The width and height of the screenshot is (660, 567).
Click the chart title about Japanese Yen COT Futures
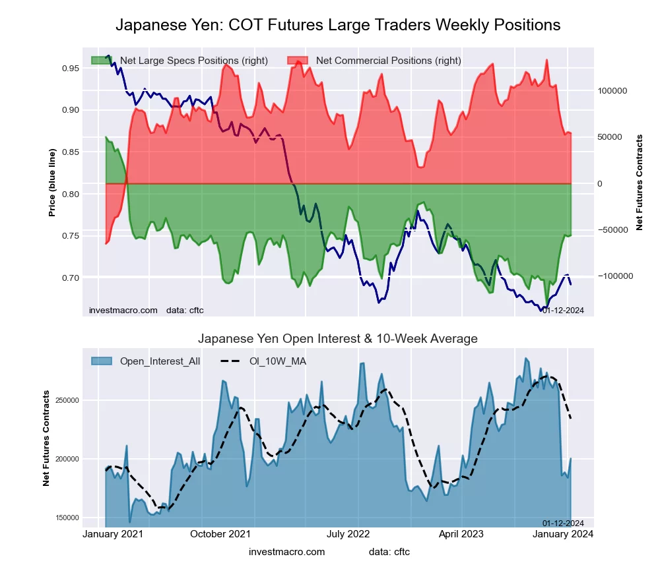coord(338,25)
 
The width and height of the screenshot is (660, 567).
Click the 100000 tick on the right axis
coord(612,90)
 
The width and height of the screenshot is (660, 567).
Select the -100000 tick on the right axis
coord(614,276)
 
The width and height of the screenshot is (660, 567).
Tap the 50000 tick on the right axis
coord(610,137)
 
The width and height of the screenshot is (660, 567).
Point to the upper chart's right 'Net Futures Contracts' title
coord(639,182)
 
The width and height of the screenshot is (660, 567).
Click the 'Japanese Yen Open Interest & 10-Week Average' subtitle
coord(338,339)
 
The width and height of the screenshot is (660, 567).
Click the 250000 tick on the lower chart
coord(66,400)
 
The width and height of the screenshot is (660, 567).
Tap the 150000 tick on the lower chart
coord(66,518)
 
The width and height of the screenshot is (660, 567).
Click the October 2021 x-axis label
coord(220,534)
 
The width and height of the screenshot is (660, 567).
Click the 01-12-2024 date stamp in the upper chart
coord(563,310)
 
